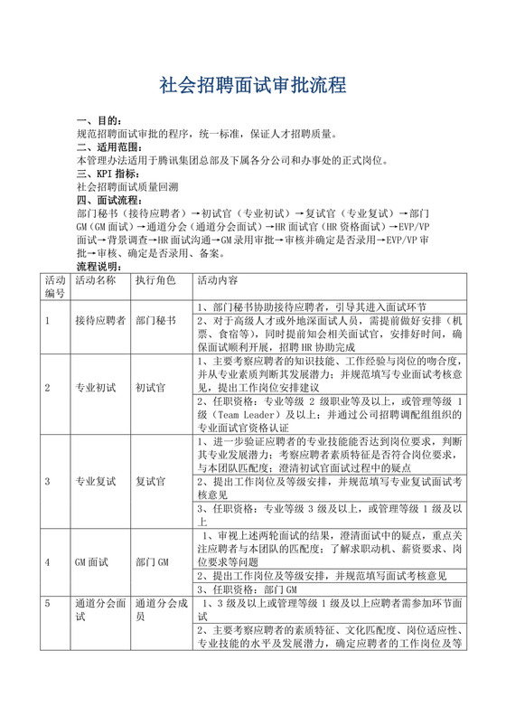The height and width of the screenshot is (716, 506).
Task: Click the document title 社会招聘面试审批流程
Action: [x=252, y=87]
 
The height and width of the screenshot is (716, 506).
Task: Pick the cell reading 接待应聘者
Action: [x=99, y=320]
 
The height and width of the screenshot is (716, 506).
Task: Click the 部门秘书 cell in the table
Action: [x=157, y=320]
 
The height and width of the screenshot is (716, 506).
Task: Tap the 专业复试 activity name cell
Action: [x=96, y=482]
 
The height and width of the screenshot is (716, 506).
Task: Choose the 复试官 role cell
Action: [x=151, y=482]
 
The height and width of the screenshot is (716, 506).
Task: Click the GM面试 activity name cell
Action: [x=92, y=562]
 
